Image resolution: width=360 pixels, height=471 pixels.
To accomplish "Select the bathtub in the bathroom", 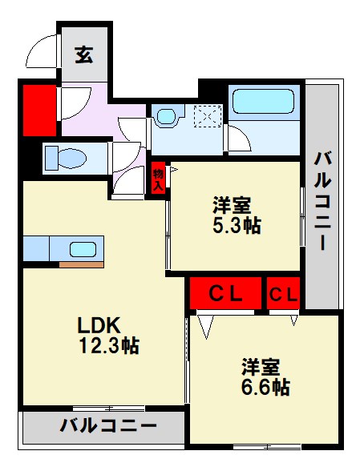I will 263,102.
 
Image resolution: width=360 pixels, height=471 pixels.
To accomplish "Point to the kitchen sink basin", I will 83,248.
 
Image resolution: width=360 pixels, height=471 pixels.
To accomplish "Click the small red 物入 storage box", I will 159,178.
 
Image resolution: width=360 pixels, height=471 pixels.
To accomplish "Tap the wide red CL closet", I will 225,293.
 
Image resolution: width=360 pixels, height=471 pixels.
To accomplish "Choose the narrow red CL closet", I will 283,293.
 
